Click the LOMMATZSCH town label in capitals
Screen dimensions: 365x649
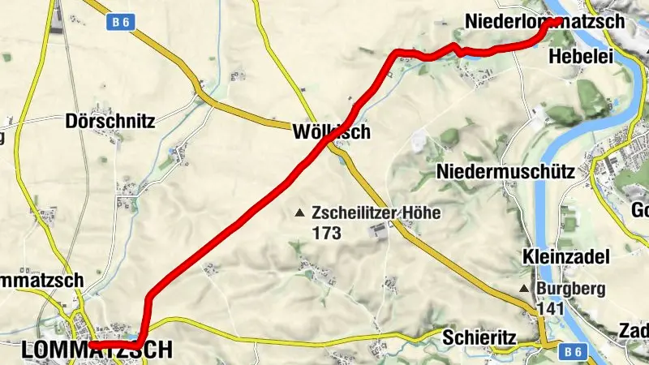97,350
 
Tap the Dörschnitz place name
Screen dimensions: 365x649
110,122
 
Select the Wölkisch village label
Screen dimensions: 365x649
333,131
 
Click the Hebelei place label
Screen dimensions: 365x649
574,56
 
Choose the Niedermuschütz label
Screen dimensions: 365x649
505,171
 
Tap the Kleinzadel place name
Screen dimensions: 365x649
565,257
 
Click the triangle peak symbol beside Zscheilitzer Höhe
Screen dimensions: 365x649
300,213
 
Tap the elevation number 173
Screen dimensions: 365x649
326,234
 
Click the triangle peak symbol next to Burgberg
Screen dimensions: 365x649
525,289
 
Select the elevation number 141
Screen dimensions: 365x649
549,308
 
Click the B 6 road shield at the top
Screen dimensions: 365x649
120,24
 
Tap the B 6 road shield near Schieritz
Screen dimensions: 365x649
573,351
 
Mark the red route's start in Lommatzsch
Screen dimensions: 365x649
92,345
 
